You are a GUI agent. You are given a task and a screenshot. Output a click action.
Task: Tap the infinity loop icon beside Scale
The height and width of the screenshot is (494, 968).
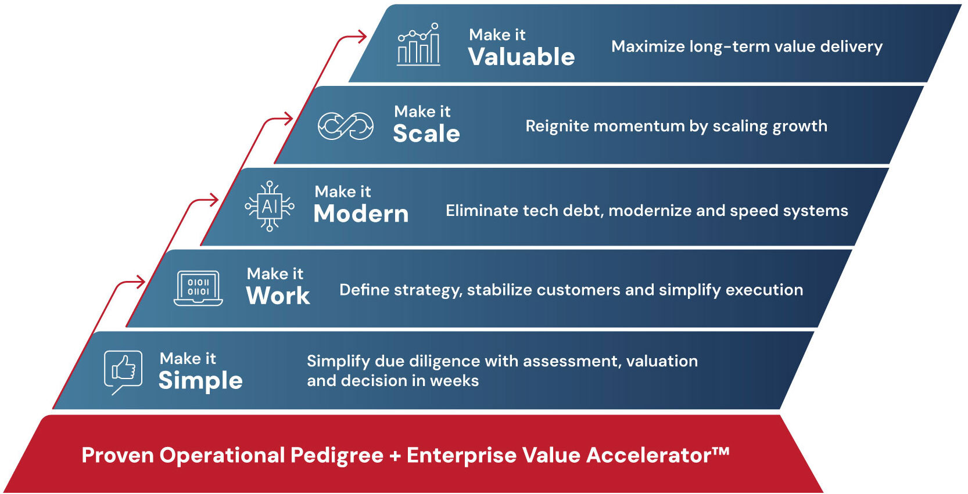click(x=346, y=126)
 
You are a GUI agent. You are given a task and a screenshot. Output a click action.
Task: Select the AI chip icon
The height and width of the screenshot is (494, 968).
click(x=270, y=207)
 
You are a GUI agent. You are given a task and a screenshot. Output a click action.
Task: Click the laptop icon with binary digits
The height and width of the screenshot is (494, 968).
click(x=198, y=288)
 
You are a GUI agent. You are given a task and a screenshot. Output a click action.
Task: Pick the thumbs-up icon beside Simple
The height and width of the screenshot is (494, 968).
click(x=123, y=372)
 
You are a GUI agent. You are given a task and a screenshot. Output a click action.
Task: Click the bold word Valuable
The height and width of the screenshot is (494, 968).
click(x=522, y=56)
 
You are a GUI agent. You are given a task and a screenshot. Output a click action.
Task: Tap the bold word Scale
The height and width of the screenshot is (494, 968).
click(x=426, y=133)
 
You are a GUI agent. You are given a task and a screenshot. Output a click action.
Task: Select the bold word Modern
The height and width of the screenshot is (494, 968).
click(x=361, y=213)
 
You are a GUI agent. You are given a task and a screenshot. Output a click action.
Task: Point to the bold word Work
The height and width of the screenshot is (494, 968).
click(x=278, y=295)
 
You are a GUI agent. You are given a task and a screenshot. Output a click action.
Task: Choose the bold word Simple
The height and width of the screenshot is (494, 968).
click(x=200, y=380)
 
